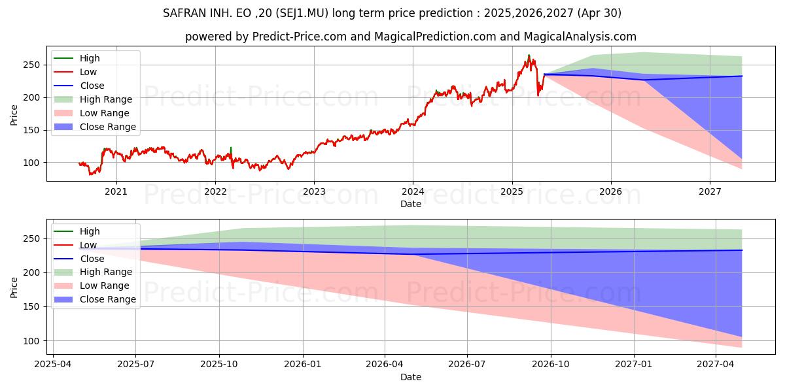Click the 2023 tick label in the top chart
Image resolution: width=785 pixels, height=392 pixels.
(314, 191)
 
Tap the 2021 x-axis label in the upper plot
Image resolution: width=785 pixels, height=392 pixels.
(116, 191)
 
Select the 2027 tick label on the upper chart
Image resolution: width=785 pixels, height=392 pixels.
(710, 191)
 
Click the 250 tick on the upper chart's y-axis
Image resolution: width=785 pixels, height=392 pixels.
(33, 65)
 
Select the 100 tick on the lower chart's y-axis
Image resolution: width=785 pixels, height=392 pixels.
(33, 341)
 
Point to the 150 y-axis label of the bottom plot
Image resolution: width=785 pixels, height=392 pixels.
(33, 307)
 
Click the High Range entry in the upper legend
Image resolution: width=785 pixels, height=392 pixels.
(105, 99)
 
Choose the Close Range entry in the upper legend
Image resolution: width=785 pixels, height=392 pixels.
(107, 127)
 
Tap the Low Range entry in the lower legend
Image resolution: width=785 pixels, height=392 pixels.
(105, 286)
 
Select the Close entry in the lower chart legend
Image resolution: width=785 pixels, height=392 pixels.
(92, 259)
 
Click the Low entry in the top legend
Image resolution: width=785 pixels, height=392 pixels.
(88, 72)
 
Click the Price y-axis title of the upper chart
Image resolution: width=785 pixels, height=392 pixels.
(14, 115)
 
